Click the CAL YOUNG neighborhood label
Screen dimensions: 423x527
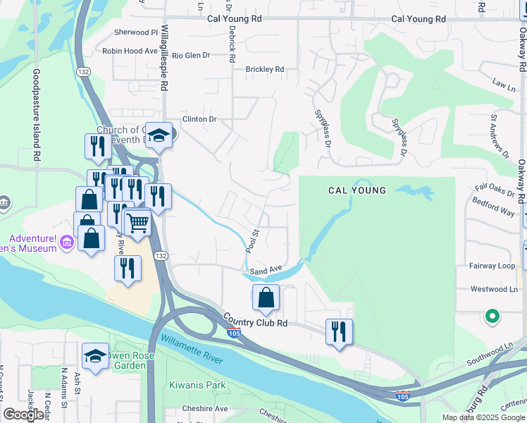tap(357, 190)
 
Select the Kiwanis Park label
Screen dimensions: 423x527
tap(197, 386)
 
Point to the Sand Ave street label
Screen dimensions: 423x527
tap(266, 269)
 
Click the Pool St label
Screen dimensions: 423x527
tap(252, 240)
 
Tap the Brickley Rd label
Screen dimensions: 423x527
tap(264, 69)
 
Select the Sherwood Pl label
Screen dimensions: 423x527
tap(136, 32)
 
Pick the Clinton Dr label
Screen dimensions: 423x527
tap(199, 119)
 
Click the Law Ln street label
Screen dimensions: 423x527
tap(504, 84)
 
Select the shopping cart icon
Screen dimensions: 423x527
tap(137, 223)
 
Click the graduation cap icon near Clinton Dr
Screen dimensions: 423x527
tap(160, 135)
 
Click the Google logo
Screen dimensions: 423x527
tap(24, 415)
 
